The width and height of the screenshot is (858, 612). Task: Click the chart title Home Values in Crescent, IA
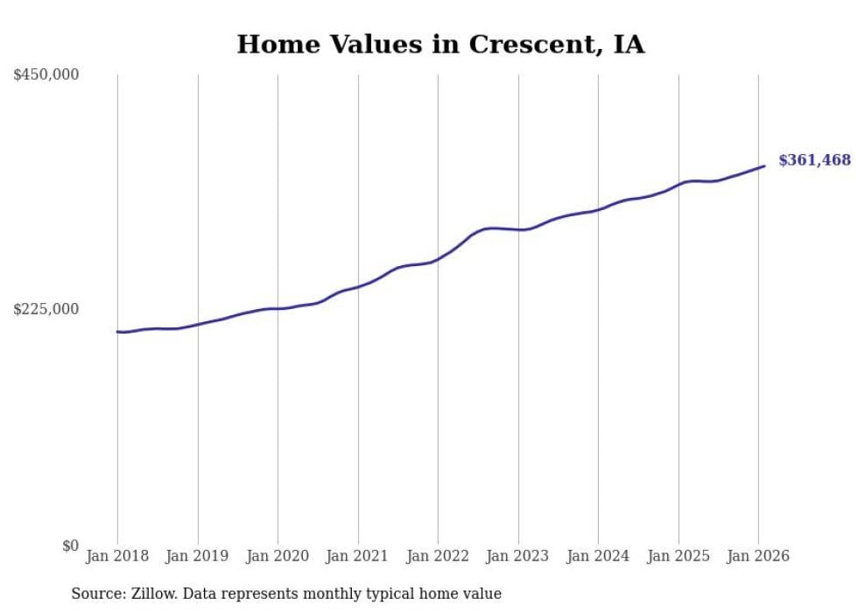440,45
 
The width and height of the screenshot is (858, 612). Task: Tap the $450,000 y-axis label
46,75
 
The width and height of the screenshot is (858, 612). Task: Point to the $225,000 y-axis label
46,309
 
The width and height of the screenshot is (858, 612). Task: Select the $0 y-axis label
70,545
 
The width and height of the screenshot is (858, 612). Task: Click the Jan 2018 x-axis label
117,556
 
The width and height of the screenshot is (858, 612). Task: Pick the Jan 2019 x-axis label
198,556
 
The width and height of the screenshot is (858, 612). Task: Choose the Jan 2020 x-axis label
278,556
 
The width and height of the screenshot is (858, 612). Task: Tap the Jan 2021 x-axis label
358,556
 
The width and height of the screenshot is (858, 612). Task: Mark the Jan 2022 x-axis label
438,556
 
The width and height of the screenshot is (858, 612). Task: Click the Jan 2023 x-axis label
518,556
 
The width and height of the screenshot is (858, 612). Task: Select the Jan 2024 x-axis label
598,556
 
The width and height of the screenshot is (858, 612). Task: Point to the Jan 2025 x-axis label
679,556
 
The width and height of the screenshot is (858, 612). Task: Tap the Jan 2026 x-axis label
758,556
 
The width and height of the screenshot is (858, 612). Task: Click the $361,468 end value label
814,160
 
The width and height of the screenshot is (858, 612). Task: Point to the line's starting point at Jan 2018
117,332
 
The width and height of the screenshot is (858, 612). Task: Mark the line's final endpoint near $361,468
764,165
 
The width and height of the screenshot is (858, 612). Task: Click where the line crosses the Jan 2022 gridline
438,259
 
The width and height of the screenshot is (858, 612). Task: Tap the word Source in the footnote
96,594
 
